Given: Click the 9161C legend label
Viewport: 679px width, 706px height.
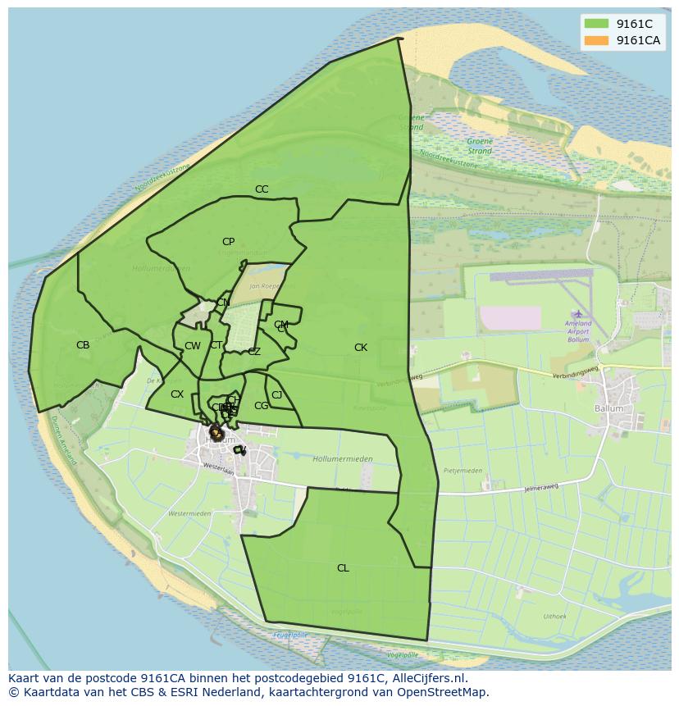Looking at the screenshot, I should click(x=634, y=24).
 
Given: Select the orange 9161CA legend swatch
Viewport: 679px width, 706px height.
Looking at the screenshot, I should click(x=596, y=40).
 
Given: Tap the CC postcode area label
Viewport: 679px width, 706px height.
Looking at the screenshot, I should click(x=262, y=189).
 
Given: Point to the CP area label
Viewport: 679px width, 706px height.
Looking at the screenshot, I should click(x=228, y=242).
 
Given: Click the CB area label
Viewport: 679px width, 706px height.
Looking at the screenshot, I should click(x=83, y=345).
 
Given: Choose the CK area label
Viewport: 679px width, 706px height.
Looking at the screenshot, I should click(x=361, y=348).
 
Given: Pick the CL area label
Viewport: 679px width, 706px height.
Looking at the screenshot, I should click(x=343, y=568).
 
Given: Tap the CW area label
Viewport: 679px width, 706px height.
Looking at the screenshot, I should click(x=193, y=346).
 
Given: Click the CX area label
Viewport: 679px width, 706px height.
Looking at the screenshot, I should click(x=177, y=394).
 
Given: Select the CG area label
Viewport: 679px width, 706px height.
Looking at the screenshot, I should click(x=262, y=406).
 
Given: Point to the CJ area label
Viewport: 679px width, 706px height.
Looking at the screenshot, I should click(x=277, y=395).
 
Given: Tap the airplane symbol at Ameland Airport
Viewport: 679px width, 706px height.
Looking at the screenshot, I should click(x=579, y=314).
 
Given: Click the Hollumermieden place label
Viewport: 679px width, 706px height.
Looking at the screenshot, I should click(x=343, y=459).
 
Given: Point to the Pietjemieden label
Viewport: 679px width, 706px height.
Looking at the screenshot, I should click(x=463, y=471).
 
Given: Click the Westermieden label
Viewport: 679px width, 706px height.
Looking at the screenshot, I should click(x=189, y=513).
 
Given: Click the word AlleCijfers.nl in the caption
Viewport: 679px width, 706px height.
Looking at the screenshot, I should click(x=426, y=678).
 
